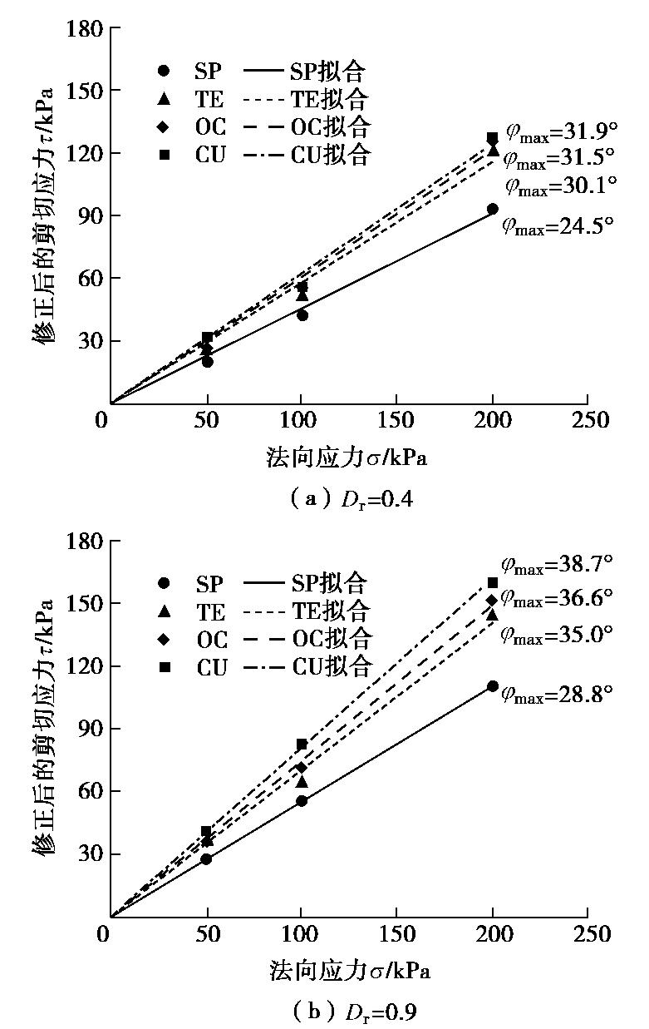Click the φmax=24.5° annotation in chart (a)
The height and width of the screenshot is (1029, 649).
558,225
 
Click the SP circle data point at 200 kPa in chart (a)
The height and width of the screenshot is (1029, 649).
493,209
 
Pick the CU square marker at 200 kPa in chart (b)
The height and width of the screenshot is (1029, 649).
493,582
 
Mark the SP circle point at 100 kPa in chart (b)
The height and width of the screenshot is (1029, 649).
302,800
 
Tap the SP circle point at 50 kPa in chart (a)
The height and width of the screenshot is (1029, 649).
207,361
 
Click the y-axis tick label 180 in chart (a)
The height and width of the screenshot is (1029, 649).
83,29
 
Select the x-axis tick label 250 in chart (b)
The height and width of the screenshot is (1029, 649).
588,933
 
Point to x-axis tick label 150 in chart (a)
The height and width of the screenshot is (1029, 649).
397,420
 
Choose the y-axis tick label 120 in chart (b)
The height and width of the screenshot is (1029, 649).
83,666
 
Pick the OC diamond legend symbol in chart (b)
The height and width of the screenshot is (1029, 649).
165,639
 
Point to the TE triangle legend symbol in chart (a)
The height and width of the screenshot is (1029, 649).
165,99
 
